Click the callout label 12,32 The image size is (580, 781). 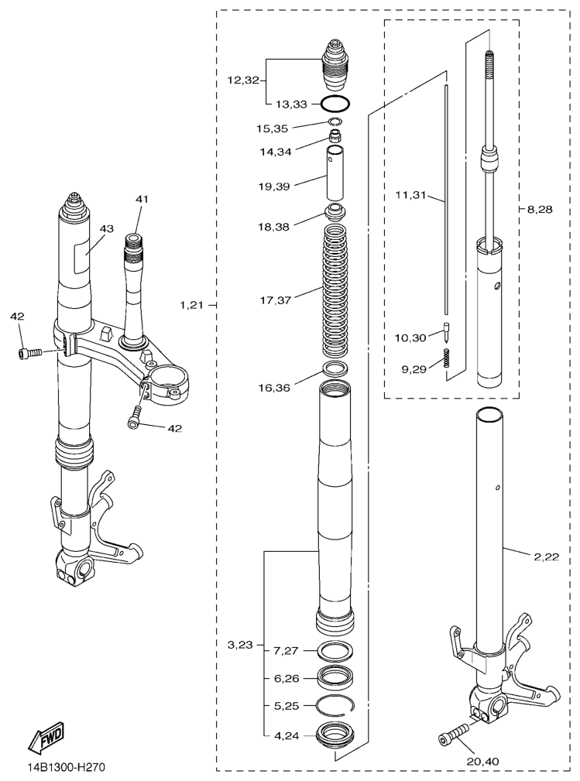244,80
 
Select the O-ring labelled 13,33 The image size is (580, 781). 335,104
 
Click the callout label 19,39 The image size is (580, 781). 274,187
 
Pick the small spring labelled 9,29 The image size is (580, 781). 447,358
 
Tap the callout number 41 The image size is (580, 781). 142,199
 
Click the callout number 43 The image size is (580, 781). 106,229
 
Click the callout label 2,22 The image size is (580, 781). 547,557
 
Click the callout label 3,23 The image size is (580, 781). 240,645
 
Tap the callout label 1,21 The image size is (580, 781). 192,305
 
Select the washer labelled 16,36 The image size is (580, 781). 336,369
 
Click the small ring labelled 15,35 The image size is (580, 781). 335,122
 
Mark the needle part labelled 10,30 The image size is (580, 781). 447,334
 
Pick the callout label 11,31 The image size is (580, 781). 410,195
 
